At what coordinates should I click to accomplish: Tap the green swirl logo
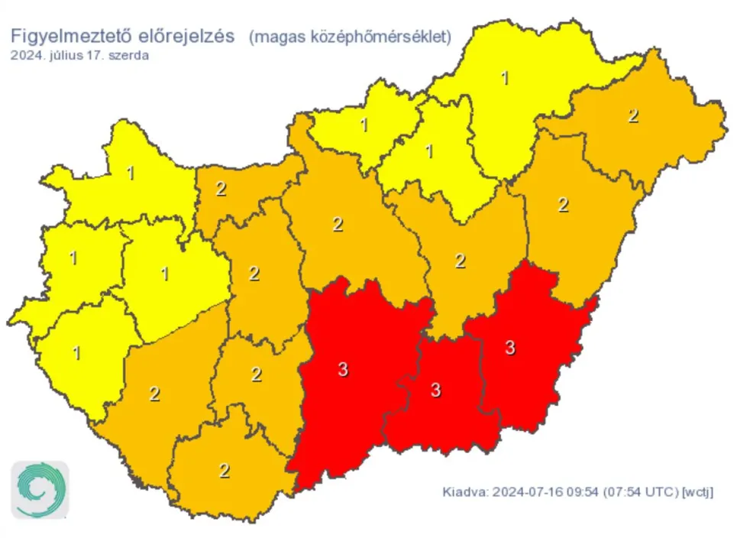(x=40, y=490)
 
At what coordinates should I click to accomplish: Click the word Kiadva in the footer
(x=464, y=491)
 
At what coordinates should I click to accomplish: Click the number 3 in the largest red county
(x=343, y=371)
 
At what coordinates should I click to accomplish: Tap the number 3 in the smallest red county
(x=435, y=391)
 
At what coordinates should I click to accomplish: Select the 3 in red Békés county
(x=510, y=348)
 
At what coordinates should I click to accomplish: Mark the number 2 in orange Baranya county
(x=224, y=471)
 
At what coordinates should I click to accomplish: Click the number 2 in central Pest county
(x=338, y=225)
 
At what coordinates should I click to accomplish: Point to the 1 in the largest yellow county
(x=505, y=77)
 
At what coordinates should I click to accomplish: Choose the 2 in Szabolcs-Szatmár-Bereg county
(x=632, y=116)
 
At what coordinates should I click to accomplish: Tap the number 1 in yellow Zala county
(x=76, y=354)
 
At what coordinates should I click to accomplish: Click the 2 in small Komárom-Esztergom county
(x=221, y=189)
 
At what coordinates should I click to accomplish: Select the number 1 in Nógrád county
(x=364, y=125)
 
